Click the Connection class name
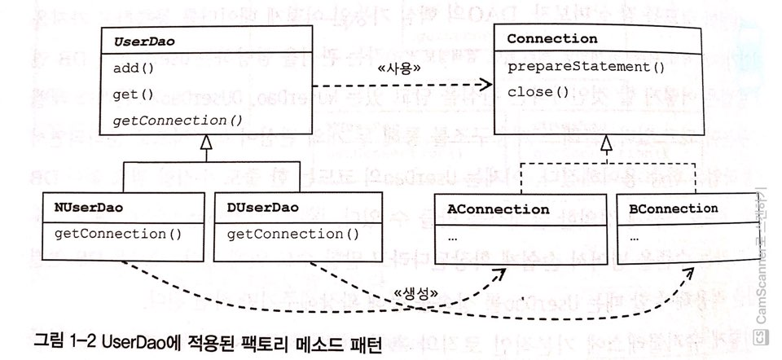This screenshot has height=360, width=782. (552, 39)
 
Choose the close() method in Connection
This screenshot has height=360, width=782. (538, 91)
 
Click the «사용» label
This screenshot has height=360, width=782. (398, 70)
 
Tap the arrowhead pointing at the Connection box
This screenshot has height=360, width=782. (486, 85)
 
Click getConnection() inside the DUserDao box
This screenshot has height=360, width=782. (292, 235)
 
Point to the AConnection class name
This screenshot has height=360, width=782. (499, 209)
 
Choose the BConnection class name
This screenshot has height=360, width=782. (674, 209)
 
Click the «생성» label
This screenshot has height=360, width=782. (418, 293)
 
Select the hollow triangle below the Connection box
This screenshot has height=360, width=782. (604, 146)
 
